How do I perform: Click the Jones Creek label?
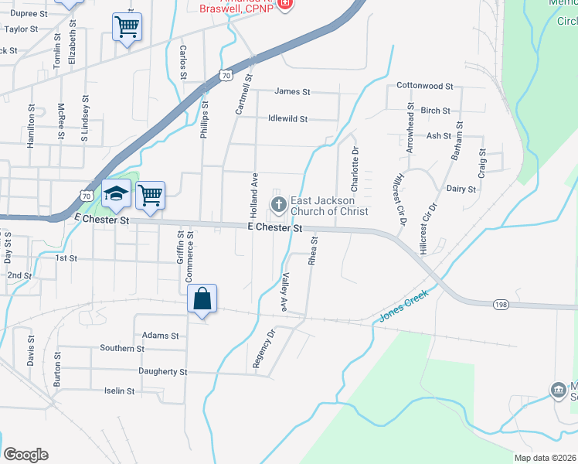[x=404, y=309]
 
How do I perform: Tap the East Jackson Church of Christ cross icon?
[x=278, y=205]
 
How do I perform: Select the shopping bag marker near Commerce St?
[x=202, y=299]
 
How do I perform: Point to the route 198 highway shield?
[x=500, y=305]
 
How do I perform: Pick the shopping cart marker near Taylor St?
[x=127, y=27]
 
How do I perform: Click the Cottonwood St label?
[x=424, y=86]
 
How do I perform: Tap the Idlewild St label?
[x=287, y=119]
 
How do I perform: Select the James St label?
[x=292, y=91]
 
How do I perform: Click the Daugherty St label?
[x=162, y=372]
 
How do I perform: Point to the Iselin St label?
[x=120, y=391]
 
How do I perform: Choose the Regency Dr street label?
[x=264, y=350]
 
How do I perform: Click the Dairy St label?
[x=461, y=188]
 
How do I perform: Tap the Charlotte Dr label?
[x=355, y=170]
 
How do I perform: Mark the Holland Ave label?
[x=253, y=195]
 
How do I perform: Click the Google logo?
[x=25, y=455]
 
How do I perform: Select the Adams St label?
[x=161, y=336]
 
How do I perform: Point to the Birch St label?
[x=436, y=111]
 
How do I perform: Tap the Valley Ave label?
[x=284, y=292]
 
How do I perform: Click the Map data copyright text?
[x=545, y=457]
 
